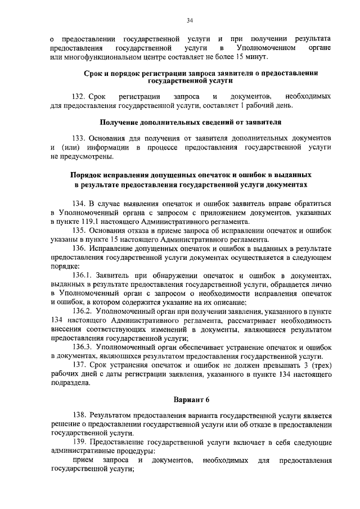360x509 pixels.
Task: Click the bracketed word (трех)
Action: (x=319, y=365)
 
